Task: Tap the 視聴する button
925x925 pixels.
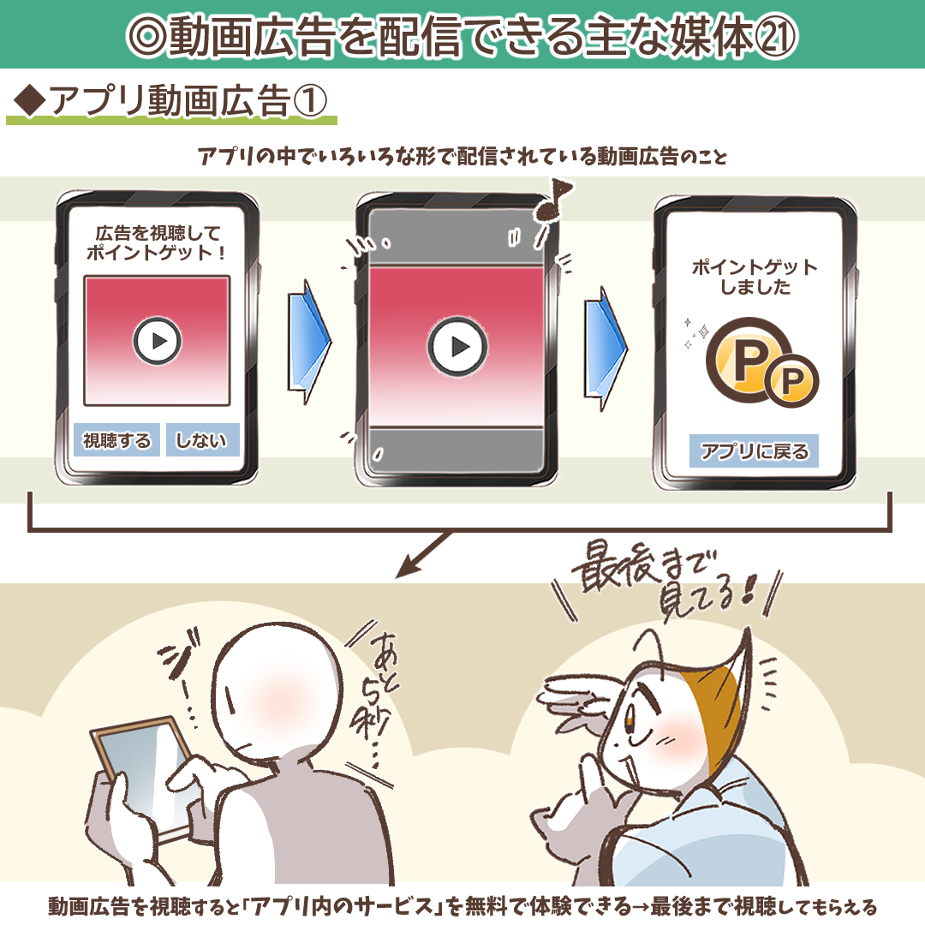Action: (116, 440)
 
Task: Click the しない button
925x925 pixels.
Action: (202, 440)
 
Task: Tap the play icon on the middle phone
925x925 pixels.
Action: (457, 347)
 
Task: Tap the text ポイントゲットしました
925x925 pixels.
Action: (755, 277)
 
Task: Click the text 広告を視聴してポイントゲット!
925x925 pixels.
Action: (158, 242)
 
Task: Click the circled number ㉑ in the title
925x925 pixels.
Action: (776, 34)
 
